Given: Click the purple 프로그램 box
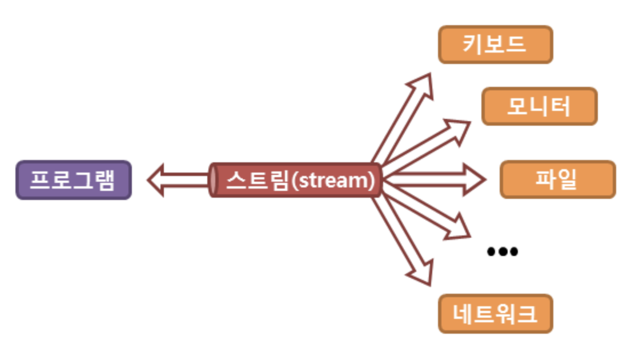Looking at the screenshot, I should coord(73,180).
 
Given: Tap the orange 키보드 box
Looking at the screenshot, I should coord(495,44).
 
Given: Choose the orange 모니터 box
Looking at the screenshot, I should coord(539,106).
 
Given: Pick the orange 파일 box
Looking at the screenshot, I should coord(557,179).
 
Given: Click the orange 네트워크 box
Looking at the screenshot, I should coord(495,314).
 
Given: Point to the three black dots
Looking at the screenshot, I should coord(502,251).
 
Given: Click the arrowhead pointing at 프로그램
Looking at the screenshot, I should coord(156,180).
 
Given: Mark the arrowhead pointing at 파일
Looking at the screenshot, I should coord(475,180).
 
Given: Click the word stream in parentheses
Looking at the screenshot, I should coord(336,180).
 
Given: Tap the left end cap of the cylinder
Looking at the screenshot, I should coord(213,180).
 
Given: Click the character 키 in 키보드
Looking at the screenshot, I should coord(472,44).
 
